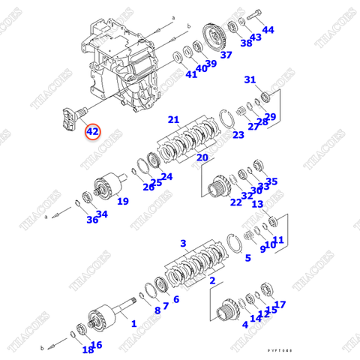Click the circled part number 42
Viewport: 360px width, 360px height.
pos(92,131)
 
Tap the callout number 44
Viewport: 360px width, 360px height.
pos(268,30)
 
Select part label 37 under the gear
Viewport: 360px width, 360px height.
pos(226,55)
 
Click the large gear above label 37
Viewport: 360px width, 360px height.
pos(216,35)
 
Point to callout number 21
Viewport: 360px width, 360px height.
pos(173,119)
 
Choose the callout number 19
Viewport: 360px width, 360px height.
pos(122,200)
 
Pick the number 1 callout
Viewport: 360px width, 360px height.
pos(133,323)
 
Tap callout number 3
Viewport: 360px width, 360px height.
pos(182,244)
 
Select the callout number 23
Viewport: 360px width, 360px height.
pos(238,135)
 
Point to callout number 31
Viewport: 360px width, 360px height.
pos(250,79)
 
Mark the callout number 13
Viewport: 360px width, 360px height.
pos(256,204)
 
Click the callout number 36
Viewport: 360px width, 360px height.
pos(91,219)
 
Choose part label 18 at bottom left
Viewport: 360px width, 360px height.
pos(88,349)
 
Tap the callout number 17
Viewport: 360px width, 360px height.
pos(280,304)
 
